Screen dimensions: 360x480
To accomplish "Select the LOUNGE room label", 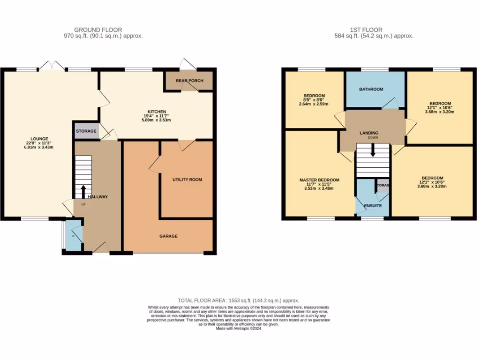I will [39, 139].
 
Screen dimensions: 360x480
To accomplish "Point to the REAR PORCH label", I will [189, 81].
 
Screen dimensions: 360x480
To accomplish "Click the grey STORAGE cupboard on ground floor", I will [86, 131].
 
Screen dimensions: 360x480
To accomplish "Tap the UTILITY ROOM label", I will [187, 180].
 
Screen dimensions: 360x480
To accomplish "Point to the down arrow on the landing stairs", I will [373, 151].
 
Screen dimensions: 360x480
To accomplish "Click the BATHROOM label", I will [371, 89].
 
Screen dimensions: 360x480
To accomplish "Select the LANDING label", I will [369, 133].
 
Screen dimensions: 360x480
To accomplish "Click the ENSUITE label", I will [373, 206].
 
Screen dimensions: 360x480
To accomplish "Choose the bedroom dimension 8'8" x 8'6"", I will [314, 100].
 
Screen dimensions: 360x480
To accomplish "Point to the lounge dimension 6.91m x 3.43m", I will [39, 148].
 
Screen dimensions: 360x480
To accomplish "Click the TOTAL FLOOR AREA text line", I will [238, 300].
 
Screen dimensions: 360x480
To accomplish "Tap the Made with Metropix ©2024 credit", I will [238, 329].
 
